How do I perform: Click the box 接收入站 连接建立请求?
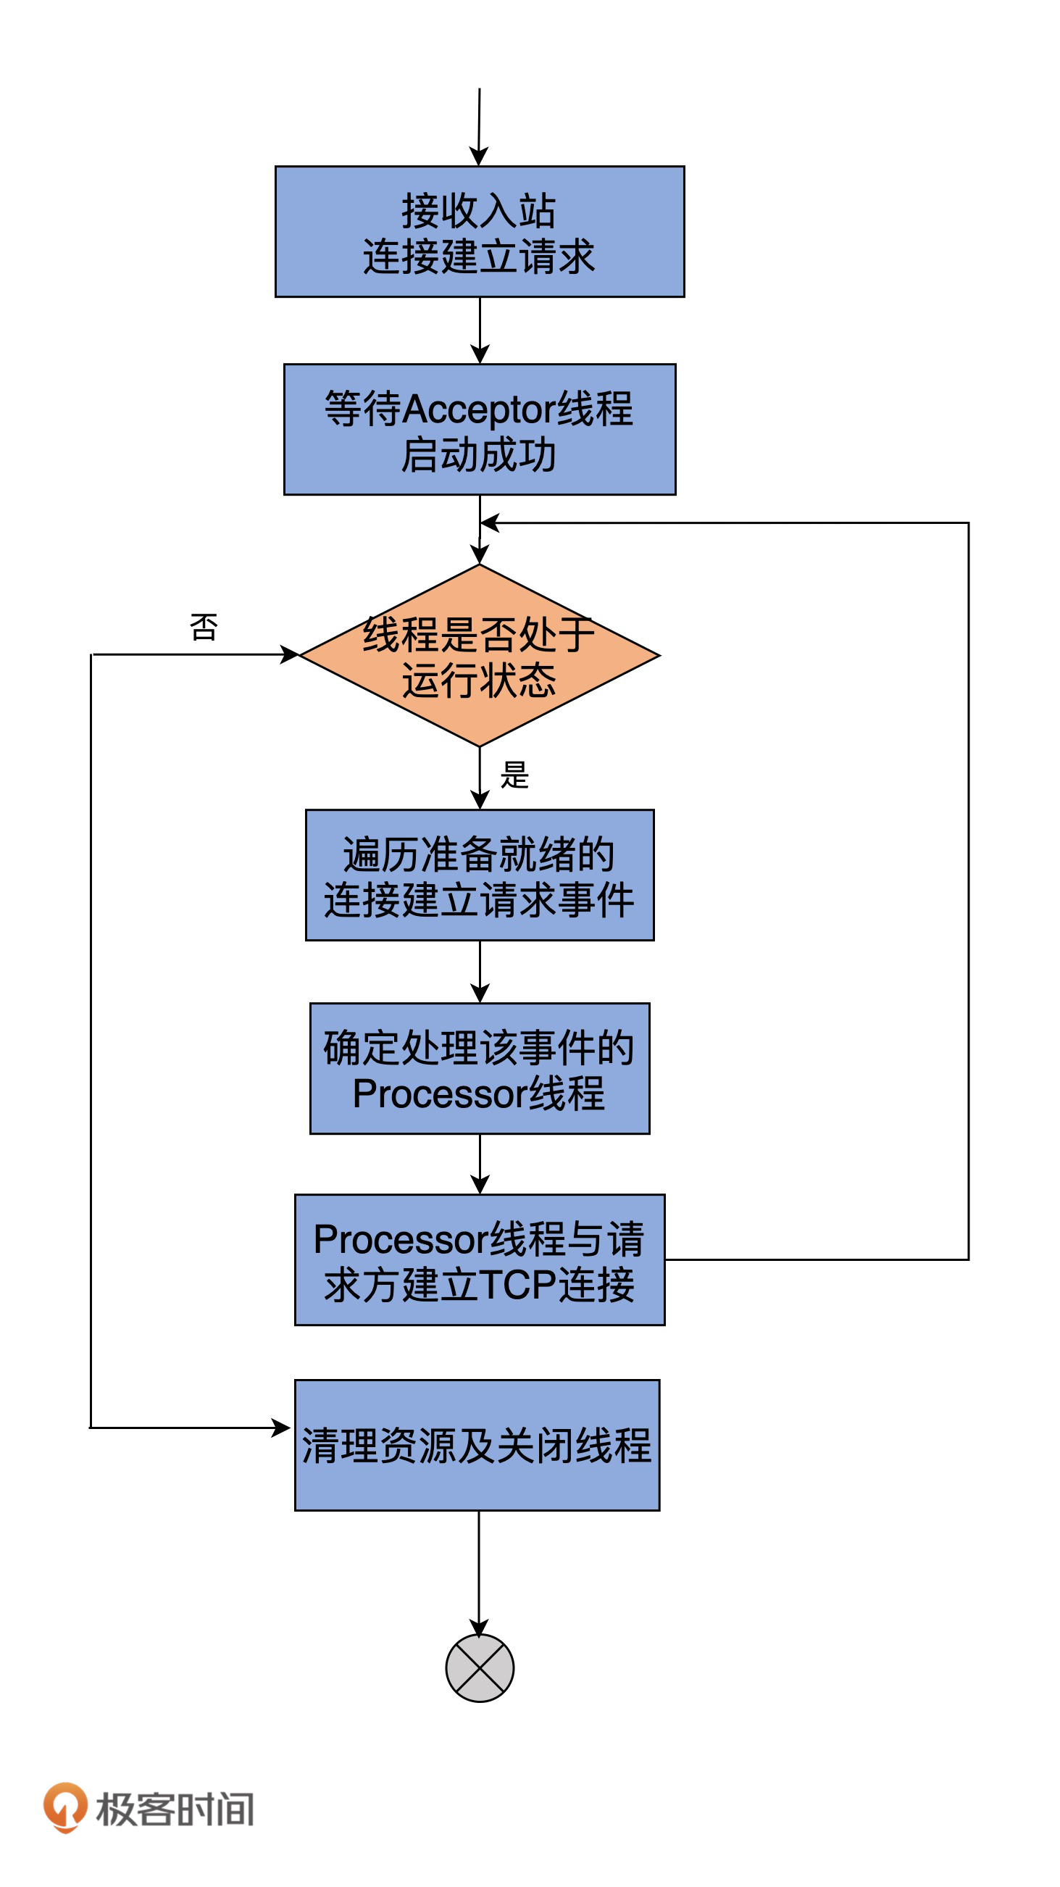pos(479,231)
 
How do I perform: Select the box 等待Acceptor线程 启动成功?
pos(479,429)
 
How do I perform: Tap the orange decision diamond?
pos(479,655)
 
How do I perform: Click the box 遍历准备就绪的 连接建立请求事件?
pos(479,875)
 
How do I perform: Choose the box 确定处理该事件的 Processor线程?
pos(479,1068)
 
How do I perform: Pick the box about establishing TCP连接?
pos(479,1259)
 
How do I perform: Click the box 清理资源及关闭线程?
pos(477,1444)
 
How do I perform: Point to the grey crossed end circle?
pos(479,1668)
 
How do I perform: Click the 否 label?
pos(204,627)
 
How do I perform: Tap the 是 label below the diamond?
pos(514,774)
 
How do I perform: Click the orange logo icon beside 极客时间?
pos(65,1807)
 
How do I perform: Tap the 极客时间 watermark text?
pos(175,1809)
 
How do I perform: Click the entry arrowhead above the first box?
pos(478,157)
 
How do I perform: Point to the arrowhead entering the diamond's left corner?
pos(290,654)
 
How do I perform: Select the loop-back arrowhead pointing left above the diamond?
pos(489,522)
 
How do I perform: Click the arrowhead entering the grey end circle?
pos(478,1628)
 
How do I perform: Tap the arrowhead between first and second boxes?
pos(479,354)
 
